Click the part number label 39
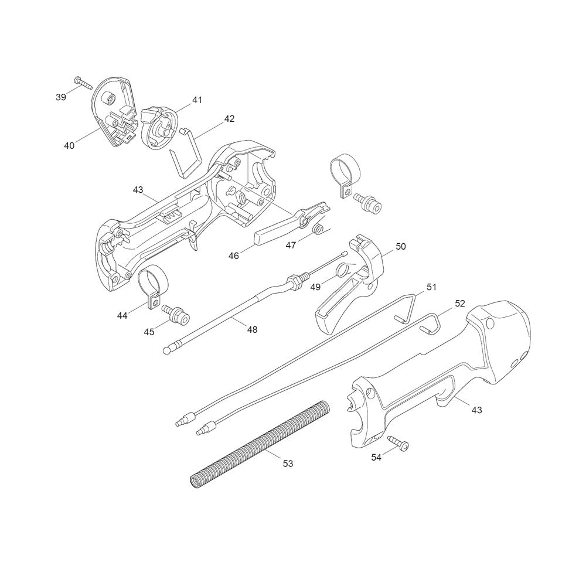(x=61, y=97)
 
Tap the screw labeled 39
(x=83, y=82)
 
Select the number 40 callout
(x=69, y=145)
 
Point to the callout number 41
(x=197, y=100)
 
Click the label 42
(x=230, y=118)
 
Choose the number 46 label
(x=234, y=257)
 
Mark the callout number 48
(x=252, y=329)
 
